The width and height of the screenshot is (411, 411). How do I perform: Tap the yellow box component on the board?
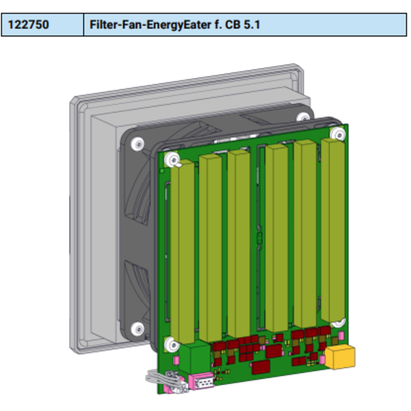point(342,357)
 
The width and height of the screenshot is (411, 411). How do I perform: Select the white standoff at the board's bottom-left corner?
point(169,344)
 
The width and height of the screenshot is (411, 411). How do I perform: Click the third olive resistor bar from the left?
point(238,243)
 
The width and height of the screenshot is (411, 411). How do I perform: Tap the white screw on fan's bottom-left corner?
point(136,328)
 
